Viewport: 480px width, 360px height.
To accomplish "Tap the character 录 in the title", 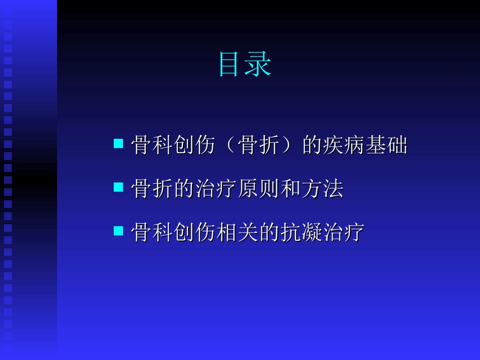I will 259,65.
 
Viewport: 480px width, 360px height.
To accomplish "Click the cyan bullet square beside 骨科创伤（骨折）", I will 118,144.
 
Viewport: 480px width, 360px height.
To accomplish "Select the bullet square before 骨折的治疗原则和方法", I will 118,187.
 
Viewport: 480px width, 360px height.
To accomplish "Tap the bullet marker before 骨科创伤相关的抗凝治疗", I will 118,231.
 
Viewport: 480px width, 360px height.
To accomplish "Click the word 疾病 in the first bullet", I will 344,145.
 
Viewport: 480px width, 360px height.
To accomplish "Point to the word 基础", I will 387,145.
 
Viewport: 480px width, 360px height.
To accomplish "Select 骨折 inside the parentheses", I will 258,145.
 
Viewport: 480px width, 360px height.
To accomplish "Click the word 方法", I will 323,189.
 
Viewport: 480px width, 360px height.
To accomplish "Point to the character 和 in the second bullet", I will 291,189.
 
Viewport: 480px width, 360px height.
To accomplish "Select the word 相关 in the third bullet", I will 238,233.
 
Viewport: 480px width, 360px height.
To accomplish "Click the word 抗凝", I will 302,233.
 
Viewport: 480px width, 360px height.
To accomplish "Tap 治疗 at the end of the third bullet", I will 344,233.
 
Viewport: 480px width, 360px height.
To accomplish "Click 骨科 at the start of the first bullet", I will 152,145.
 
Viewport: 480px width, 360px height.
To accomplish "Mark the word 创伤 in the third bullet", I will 196,233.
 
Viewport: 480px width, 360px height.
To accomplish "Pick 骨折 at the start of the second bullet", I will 152,189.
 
